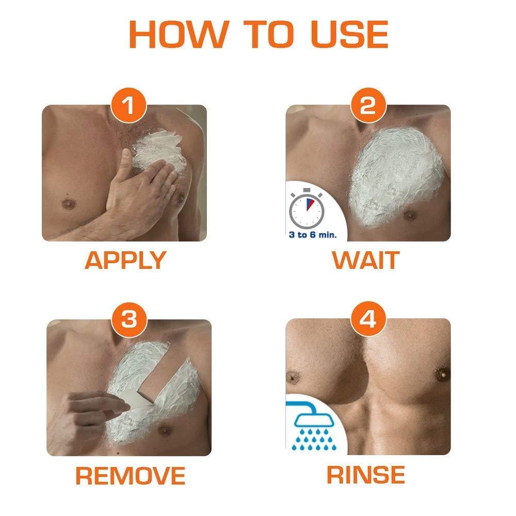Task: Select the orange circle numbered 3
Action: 125,321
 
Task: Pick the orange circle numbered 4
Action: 368,321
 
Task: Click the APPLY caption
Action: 125,261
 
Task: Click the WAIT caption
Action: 366,261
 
